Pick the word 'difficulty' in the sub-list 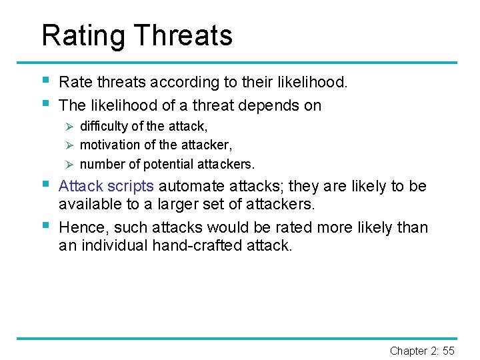click(x=104, y=126)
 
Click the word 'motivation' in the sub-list click(x=109, y=145)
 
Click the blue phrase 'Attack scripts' click(x=106, y=187)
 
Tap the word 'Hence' click(x=81, y=227)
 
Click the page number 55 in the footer click(x=449, y=351)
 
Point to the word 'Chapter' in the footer click(x=409, y=351)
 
